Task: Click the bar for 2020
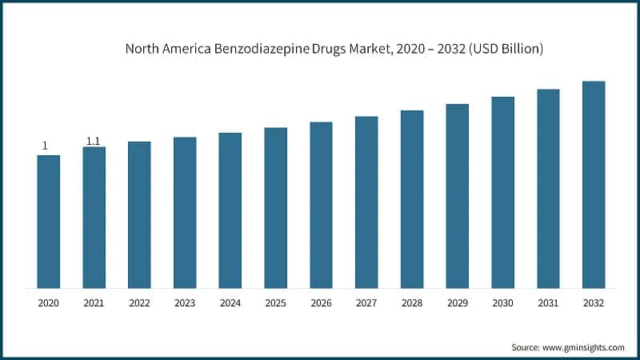pos(49,222)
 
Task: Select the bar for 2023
pos(185,213)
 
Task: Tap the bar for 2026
pos(321,205)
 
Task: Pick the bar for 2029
pos(457,196)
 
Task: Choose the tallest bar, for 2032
pos(593,185)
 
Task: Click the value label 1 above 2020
pos(45,146)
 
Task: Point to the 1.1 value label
pos(94,142)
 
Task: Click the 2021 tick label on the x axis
pos(94,303)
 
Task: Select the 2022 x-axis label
pos(139,303)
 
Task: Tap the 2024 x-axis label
pos(230,303)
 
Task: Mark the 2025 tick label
pos(275,303)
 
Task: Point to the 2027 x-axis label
pos(366,303)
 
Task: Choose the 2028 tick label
pos(411,303)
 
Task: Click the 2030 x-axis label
pos(502,303)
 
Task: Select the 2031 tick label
pos(548,303)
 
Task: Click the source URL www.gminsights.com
pos(583,347)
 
